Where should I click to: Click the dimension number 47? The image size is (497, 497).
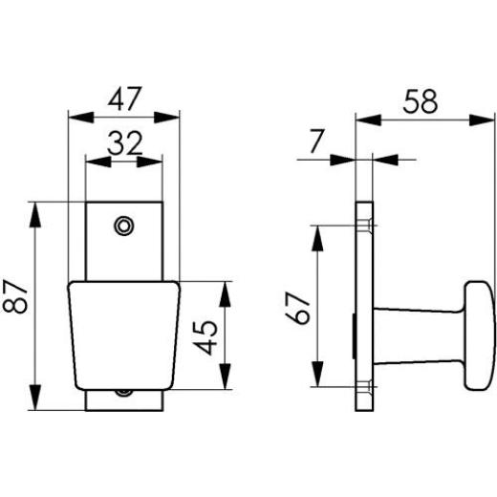[124, 98]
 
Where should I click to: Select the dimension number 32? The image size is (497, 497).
[124, 143]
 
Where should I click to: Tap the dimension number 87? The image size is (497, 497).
[15, 296]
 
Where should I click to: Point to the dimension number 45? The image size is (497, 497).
[205, 338]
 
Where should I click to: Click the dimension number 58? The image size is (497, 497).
[421, 101]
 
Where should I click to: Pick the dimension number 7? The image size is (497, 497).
[316, 141]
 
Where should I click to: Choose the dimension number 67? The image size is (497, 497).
[297, 308]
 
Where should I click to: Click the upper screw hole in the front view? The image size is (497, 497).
[123, 226]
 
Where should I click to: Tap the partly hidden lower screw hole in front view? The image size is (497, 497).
[123, 393]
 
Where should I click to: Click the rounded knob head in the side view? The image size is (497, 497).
[479, 335]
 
